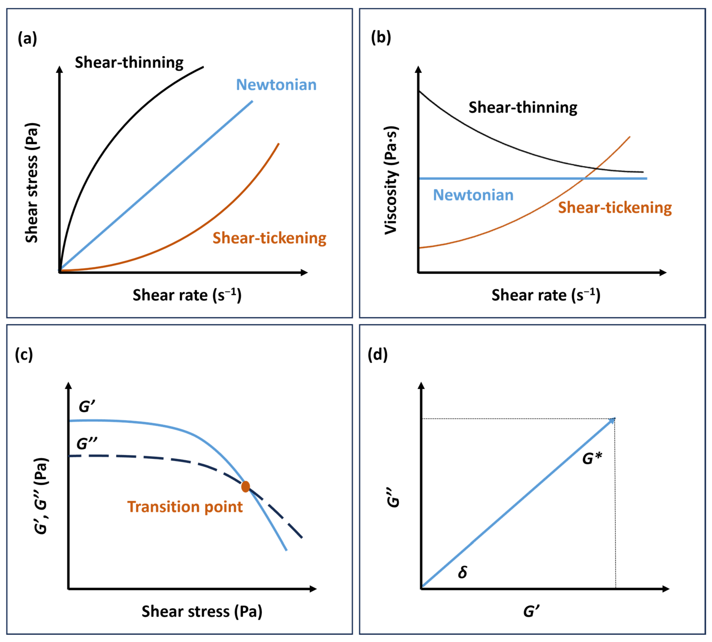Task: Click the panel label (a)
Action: point(27,38)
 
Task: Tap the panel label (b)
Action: point(381,37)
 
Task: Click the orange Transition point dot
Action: point(245,487)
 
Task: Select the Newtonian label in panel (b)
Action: point(473,195)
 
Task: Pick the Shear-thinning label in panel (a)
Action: point(129,63)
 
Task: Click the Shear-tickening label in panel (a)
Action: point(269,238)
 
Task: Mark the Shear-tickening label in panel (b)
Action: point(615,207)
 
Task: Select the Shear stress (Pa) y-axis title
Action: point(32,183)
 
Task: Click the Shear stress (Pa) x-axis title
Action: point(202,611)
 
